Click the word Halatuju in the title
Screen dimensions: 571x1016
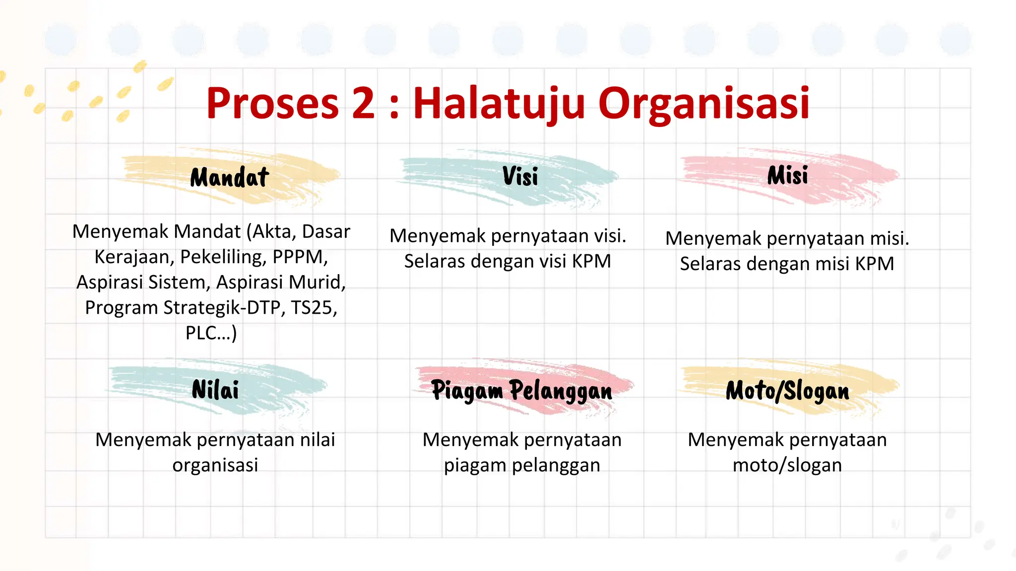point(499,104)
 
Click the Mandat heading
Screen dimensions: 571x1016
point(230,177)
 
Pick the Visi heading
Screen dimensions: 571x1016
point(520,176)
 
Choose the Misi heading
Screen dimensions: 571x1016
point(788,176)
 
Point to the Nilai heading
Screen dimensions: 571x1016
point(215,390)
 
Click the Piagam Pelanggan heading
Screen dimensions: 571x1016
point(522,391)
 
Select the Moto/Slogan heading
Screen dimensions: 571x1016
point(788,391)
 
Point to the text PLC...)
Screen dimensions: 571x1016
point(211,333)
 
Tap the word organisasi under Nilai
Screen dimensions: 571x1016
point(215,465)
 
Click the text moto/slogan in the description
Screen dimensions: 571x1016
point(787,465)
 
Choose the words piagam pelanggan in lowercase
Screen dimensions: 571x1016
point(522,465)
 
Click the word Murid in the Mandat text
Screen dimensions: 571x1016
point(317,282)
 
